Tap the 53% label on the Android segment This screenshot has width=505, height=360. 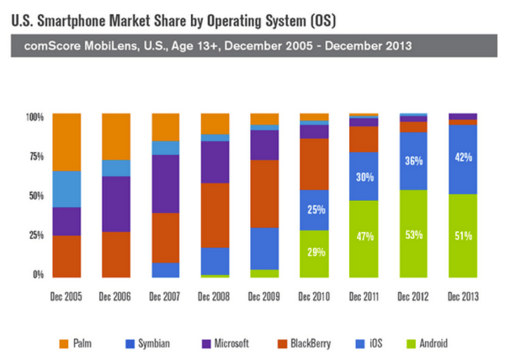pyautogui.click(x=413, y=235)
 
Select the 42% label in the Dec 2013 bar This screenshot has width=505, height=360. pyautogui.click(x=463, y=156)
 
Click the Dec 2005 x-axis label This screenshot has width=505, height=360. pyautogui.click(x=66, y=297)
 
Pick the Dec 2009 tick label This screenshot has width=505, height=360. pyautogui.click(x=265, y=297)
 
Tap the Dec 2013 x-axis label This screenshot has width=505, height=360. pyautogui.click(x=463, y=297)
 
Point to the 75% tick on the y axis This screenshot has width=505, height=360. pyautogui.click(x=35, y=156)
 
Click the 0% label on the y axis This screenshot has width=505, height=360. pyautogui.click(x=39, y=275)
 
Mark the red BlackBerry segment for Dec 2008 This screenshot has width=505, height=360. pyautogui.click(x=215, y=214)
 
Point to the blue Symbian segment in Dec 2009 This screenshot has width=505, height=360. pyautogui.click(x=265, y=249)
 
